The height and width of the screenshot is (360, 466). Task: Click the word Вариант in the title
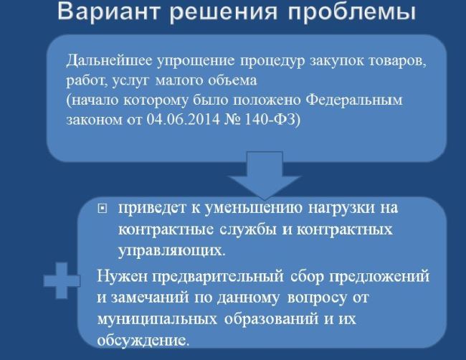[109, 11]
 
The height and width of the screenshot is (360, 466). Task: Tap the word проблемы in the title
[352, 12]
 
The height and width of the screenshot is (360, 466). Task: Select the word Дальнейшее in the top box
[109, 61]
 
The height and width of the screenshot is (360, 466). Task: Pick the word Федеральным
[354, 100]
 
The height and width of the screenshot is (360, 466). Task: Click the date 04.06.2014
[184, 120]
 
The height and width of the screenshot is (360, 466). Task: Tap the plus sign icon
[62, 280]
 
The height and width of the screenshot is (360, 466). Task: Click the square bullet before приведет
[102, 209]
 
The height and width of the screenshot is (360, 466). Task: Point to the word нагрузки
[341, 209]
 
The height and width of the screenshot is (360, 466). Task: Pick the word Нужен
[123, 276]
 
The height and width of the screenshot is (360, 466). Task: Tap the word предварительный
[218, 277]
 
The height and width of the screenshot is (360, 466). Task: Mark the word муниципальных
[157, 319]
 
